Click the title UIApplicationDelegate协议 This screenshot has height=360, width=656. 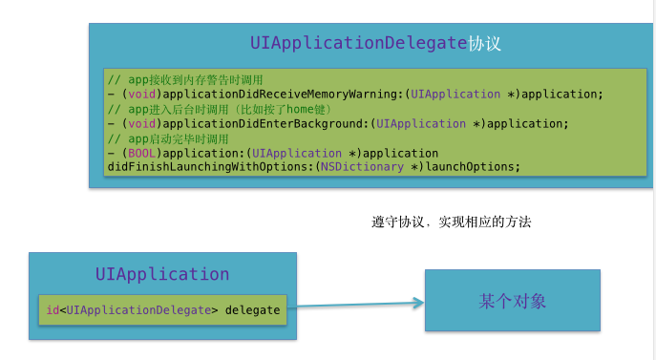[x=375, y=44]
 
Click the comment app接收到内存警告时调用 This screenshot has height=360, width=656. [x=185, y=79]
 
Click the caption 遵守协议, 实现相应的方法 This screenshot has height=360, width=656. [x=451, y=222]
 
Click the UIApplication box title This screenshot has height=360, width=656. [x=162, y=274]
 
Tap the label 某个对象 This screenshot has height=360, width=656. [x=512, y=302]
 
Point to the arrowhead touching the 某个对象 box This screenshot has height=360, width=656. [x=417, y=304]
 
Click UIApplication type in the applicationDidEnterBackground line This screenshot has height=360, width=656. [x=421, y=123]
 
